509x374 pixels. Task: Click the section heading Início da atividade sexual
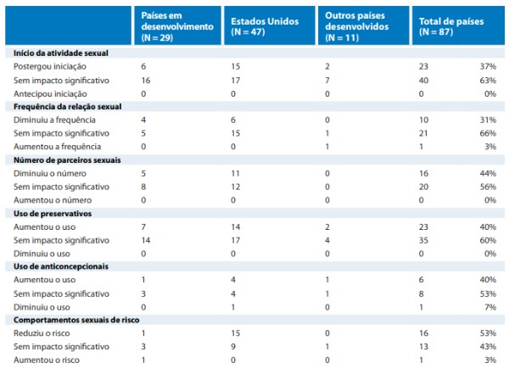pos(60,53)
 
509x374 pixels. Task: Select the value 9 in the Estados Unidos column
pos(234,346)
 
